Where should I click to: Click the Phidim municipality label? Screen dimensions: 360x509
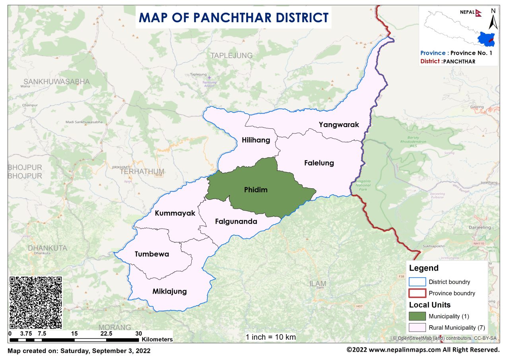point(256,190)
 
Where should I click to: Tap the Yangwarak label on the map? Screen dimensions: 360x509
point(339,125)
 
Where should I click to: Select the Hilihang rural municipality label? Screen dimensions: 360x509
point(256,140)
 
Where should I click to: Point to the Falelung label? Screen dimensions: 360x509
point(319,163)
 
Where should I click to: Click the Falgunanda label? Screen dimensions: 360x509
point(236,222)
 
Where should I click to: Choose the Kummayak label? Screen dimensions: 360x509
point(175,213)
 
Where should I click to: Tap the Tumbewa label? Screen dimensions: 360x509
point(152,254)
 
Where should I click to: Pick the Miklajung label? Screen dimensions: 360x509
point(169,292)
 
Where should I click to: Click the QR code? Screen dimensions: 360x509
point(36,302)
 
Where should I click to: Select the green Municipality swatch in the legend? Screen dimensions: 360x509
point(417,316)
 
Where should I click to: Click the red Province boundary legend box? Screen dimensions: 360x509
point(417,293)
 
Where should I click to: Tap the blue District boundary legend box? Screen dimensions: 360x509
point(417,282)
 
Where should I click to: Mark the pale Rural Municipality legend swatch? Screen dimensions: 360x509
point(417,328)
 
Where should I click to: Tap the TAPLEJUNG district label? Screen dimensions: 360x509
point(231,56)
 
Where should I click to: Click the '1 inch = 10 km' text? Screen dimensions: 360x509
point(270,337)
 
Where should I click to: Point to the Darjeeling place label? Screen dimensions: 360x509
point(480,228)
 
